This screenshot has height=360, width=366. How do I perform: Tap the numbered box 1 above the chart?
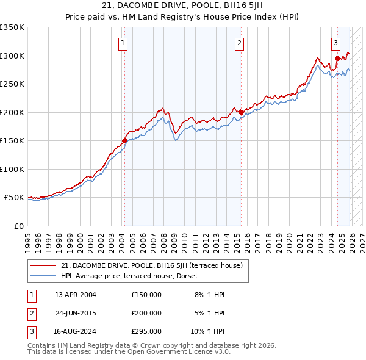point(123,43)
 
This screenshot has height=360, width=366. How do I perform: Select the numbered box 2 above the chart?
point(239,43)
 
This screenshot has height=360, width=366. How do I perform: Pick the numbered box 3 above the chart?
point(336,43)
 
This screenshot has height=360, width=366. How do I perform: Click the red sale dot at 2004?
point(124,140)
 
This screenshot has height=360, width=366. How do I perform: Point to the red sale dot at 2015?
point(241,112)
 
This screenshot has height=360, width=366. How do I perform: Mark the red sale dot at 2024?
point(337,59)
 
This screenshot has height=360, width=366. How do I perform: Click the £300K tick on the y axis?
point(12,56)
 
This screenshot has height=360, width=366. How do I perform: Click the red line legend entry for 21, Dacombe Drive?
point(152,265)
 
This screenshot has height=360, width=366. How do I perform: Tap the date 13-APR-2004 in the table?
point(76,295)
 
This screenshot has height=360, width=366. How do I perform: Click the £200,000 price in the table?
point(146,313)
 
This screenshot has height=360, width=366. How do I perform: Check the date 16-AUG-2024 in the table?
point(76,331)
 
